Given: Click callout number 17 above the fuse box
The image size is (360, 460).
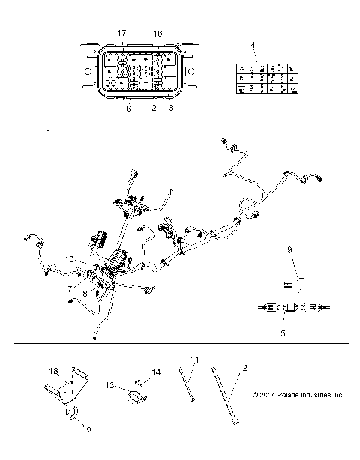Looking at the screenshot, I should point(122,34).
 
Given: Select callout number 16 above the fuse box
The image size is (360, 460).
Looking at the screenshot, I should point(157,34).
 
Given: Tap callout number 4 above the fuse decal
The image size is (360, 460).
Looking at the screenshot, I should point(253,46).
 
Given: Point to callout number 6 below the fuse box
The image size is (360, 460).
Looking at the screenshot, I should point(128,109).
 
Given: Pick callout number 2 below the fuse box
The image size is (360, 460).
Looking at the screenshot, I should point(154,109).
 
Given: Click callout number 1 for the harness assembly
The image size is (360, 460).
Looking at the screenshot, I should point(49,133).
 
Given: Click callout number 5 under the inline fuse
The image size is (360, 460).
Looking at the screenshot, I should point(282,333).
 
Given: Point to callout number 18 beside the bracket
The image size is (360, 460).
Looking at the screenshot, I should point(53,371).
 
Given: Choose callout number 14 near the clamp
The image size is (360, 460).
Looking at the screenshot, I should point(157,372).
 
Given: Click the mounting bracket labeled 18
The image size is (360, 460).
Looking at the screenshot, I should point(66,389).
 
